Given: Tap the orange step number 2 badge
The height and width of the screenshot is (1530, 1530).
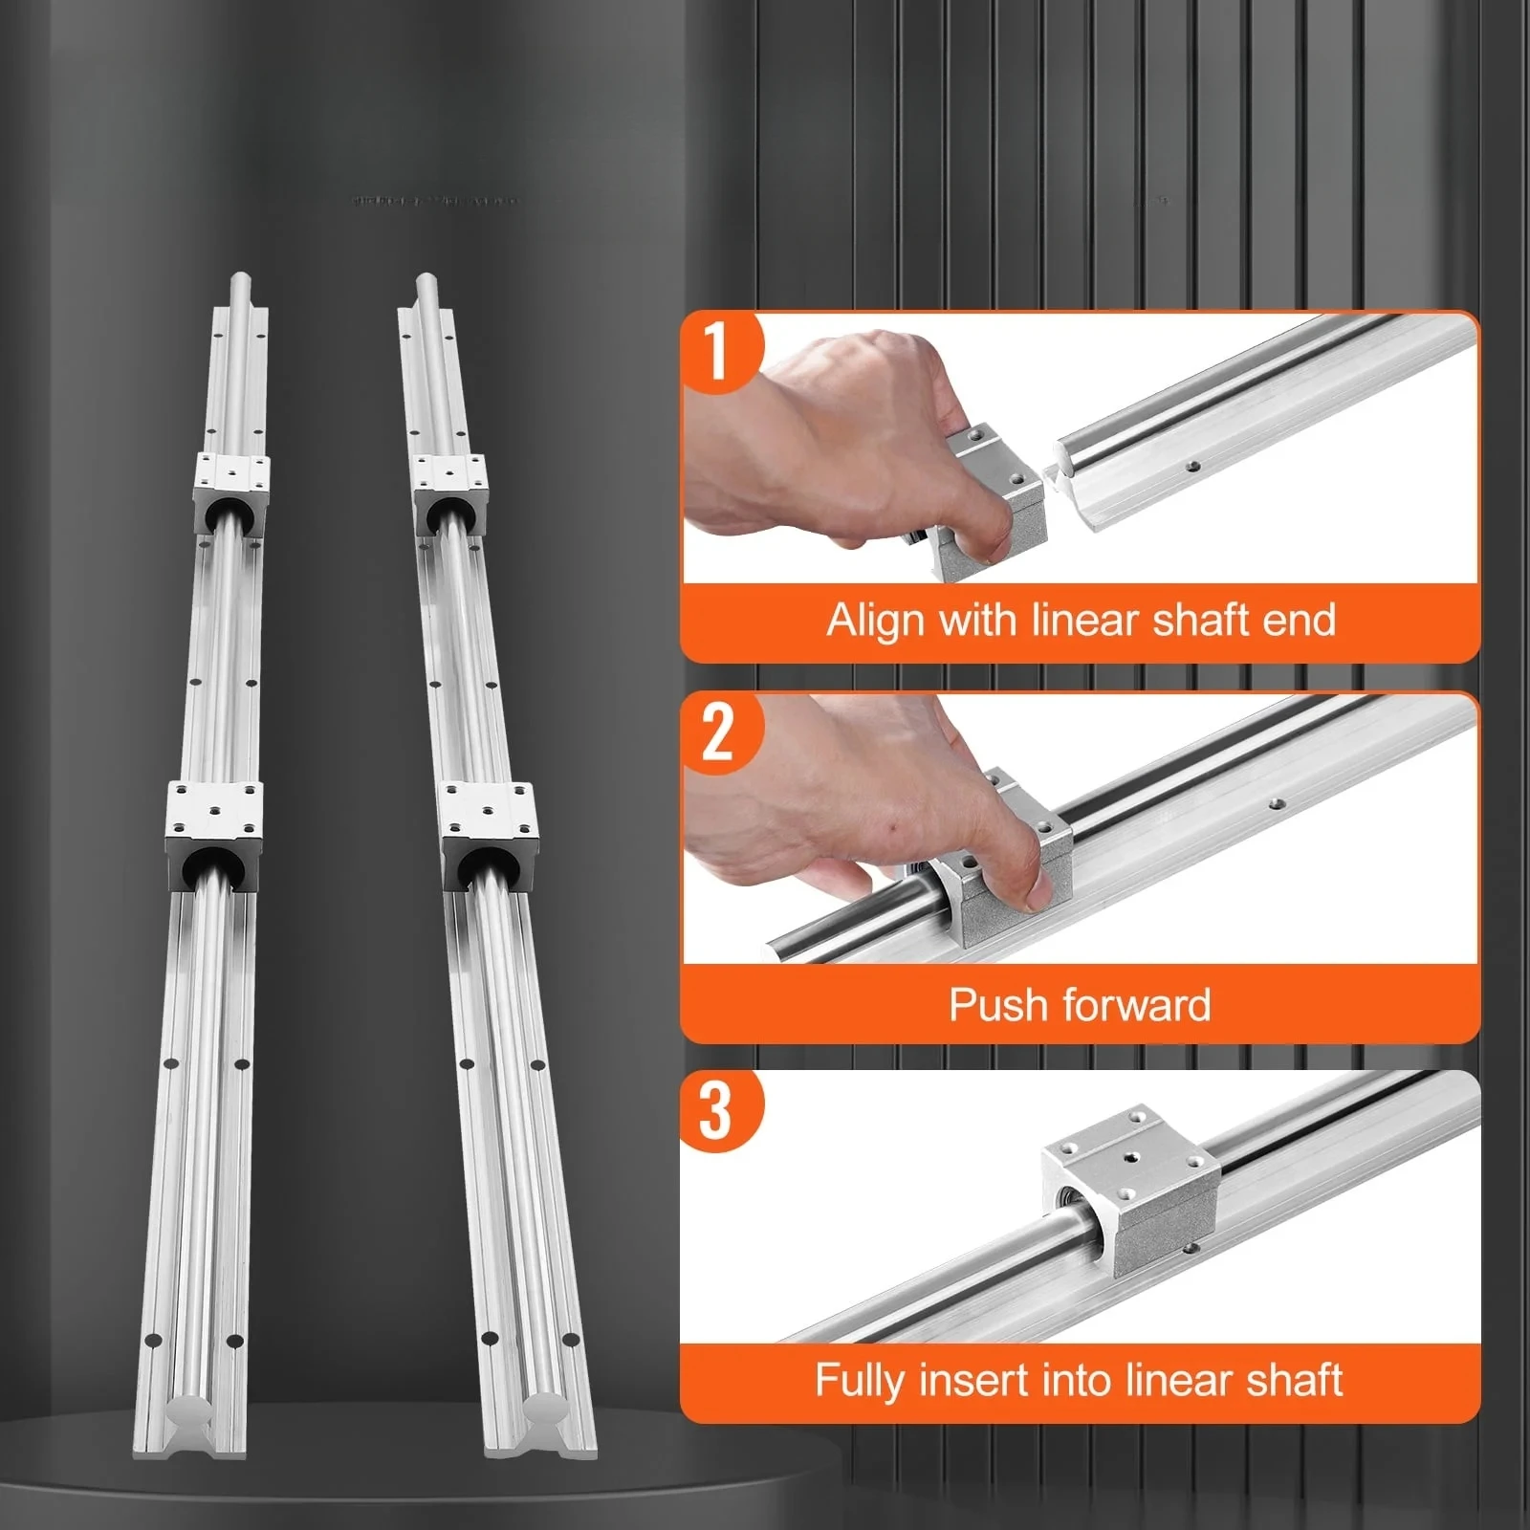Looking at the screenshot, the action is point(718,732).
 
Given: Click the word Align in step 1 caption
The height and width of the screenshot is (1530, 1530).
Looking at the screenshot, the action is point(876,622).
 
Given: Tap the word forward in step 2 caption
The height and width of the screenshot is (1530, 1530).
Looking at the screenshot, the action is point(1136,1005).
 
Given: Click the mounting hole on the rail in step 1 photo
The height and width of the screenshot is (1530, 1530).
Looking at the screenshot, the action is point(1193,467).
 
